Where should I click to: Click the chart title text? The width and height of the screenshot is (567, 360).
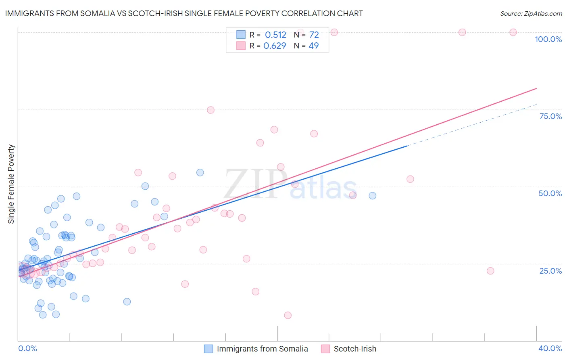[x=184, y=13]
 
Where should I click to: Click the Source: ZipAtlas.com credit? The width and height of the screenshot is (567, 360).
[x=531, y=13]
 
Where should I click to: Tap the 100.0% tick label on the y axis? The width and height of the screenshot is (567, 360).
[x=548, y=39]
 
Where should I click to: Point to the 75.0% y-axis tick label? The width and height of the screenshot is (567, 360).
[x=550, y=116]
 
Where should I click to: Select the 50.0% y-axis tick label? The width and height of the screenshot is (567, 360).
[x=550, y=193]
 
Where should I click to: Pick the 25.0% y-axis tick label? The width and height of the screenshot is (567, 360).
[x=550, y=270]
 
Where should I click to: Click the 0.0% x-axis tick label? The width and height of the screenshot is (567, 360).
[x=27, y=348]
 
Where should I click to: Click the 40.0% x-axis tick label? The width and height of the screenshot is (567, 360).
[x=550, y=348]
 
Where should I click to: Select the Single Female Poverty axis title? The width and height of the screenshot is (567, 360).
[x=11, y=184]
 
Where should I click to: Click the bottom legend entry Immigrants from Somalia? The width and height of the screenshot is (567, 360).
[x=262, y=349]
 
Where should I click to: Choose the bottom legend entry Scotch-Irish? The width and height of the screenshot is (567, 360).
[x=355, y=349]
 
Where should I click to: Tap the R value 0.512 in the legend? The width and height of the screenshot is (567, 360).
[x=275, y=35]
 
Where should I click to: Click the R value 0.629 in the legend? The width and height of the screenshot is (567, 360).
[x=275, y=46]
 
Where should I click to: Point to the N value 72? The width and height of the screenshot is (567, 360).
[x=314, y=35]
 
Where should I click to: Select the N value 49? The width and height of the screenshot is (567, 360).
[x=313, y=46]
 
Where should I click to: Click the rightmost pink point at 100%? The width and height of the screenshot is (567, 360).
[x=513, y=32]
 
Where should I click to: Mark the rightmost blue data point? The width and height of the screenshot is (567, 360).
[x=372, y=196]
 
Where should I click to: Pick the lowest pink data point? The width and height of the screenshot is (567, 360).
[x=288, y=315]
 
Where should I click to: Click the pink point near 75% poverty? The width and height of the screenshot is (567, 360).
[x=211, y=110]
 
